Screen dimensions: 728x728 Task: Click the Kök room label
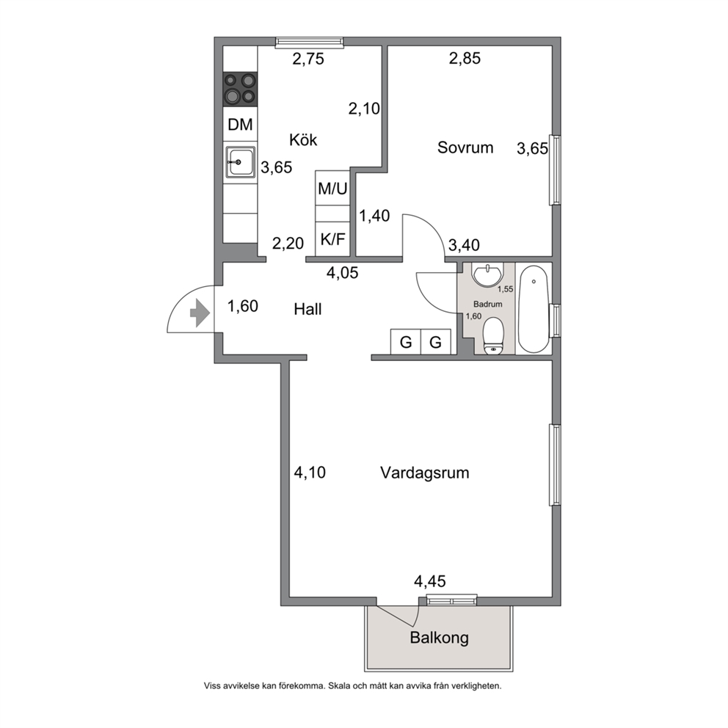click(x=303, y=139)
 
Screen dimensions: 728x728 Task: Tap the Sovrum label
click(x=465, y=148)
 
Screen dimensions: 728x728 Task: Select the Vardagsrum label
click(x=425, y=473)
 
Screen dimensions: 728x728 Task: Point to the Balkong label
click(x=439, y=638)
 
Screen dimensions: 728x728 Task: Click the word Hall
click(x=307, y=309)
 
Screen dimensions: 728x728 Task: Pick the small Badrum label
click(x=487, y=305)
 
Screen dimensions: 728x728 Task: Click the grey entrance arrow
click(x=200, y=313)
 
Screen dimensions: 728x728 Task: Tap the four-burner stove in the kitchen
click(x=240, y=90)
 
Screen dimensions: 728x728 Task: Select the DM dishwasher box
click(x=240, y=125)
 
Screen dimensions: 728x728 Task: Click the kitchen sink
click(x=240, y=162)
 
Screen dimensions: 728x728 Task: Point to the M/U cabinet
click(x=332, y=188)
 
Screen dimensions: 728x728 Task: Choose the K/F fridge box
click(x=332, y=239)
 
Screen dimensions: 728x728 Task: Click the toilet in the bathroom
click(x=493, y=336)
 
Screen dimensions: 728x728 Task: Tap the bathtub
click(x=534, y=309)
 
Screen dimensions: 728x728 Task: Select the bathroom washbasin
click(x=487, y=275)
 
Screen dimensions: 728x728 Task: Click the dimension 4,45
click(x=430, y=581)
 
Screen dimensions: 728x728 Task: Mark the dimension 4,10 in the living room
click(x=310, y=473)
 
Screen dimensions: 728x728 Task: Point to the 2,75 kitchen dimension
click(x=308, y=59)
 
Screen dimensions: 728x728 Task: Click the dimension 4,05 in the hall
click(x=342, y=272)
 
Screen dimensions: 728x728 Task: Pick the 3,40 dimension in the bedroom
click(x=464, y=244)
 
